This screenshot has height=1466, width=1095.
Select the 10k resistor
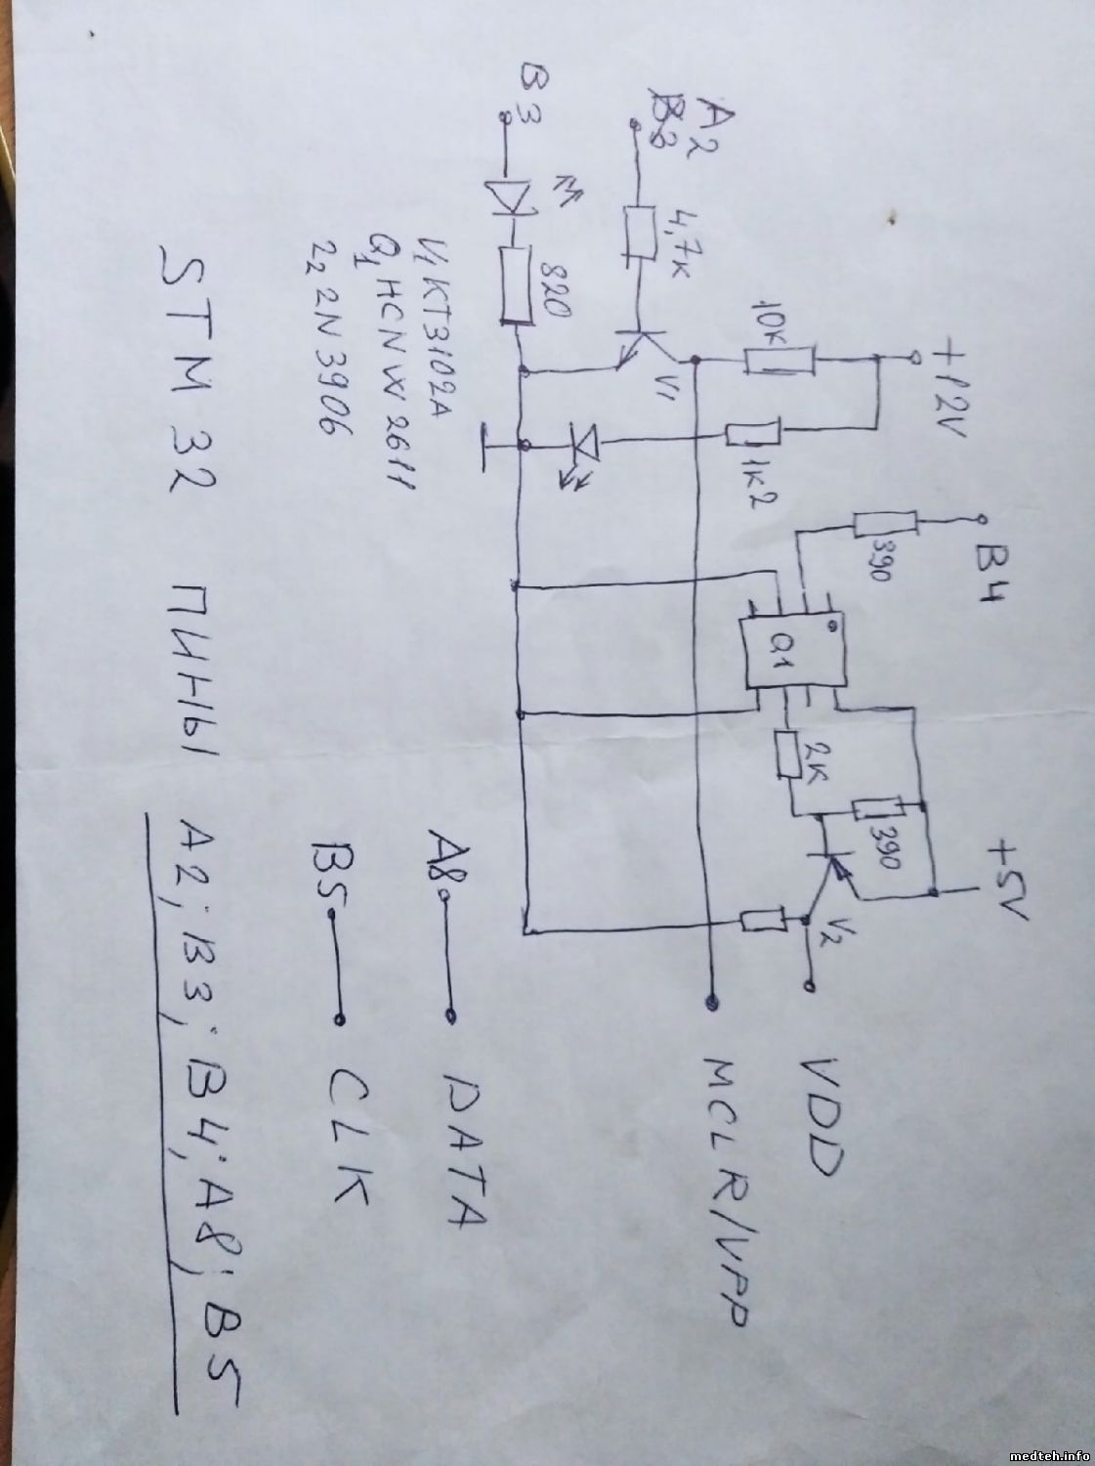779,360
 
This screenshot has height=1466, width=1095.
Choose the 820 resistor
516,285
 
